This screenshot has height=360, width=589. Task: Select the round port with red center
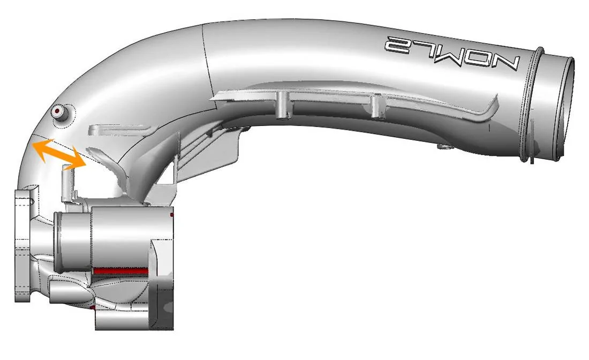click(x=57, y=111)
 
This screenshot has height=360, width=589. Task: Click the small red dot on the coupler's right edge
click(x=171, y=215)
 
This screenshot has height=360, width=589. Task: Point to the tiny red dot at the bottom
click(x=94, y=309)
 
